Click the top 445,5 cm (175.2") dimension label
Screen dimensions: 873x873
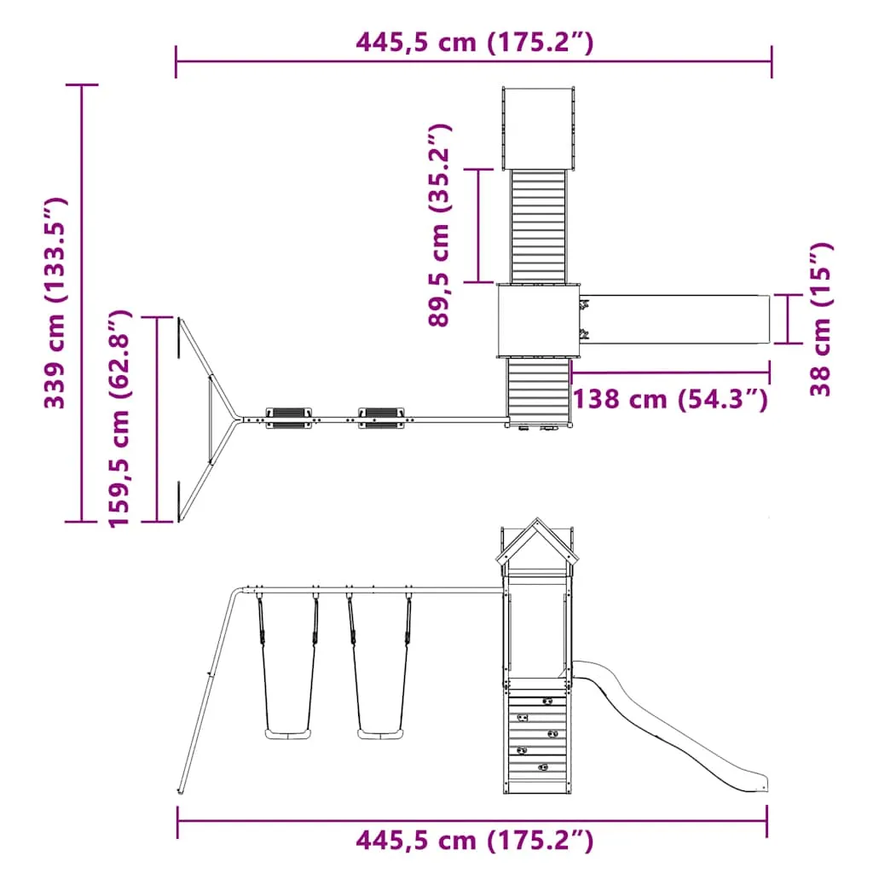474,43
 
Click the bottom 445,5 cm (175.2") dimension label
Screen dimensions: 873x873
474,841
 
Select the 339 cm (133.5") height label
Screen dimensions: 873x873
55,304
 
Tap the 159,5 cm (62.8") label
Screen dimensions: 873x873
119,419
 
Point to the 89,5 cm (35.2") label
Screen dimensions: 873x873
439,225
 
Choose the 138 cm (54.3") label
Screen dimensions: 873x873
670,399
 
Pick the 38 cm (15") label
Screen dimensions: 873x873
821,320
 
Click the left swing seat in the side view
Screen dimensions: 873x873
288,734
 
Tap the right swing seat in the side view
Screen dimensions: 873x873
379,734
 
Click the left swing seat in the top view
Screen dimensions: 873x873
288,418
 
